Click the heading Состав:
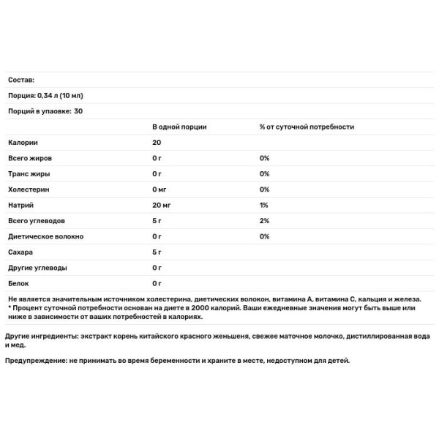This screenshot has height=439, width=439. point(20,80)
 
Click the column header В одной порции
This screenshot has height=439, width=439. point(179,127)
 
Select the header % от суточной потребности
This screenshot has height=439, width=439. point(307,127)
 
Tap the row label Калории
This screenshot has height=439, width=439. point(22,143)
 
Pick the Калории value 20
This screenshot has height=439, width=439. point(157,143)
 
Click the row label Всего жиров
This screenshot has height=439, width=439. point(30,158)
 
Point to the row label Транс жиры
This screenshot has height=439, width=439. point(29,174)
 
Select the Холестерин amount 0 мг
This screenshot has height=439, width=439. point(160,190)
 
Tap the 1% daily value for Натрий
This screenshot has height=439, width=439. point(264,206)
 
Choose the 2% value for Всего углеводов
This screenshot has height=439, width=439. point(265,221)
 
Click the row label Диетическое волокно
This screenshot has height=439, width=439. point(45,236)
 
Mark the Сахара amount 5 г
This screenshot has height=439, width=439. point(157,252)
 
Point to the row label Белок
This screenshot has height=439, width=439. point(18,283)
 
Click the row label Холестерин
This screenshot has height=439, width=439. point(28,190)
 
